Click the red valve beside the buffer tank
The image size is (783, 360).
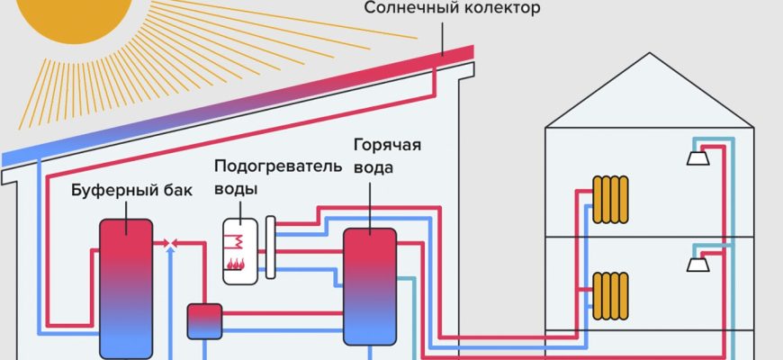pyautogui.click(x=172, y=243)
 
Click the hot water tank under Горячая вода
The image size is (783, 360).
pyautogui.click(x=368, y=285)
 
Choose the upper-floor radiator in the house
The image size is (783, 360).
pyautogui.click(x=611, y=198)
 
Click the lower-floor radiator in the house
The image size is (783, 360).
pyautogui.click(x=611, y=292)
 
